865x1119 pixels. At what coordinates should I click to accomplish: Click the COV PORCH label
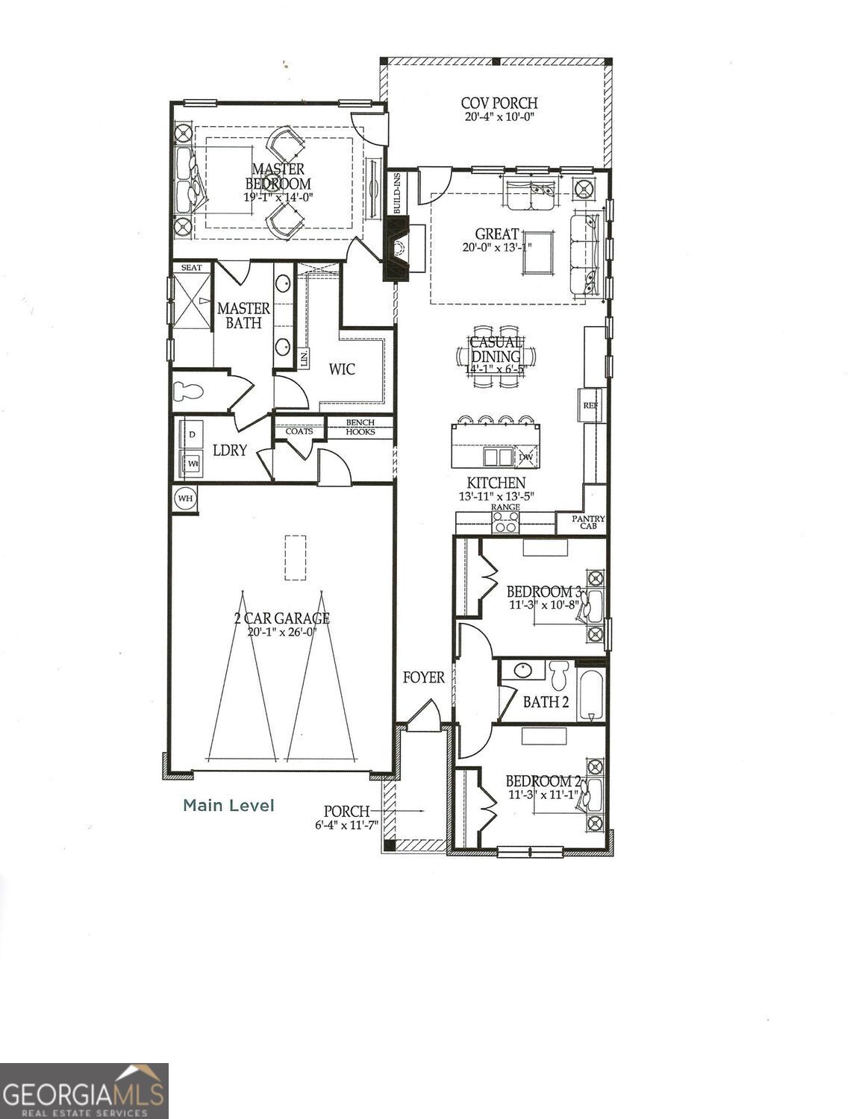point(499,103)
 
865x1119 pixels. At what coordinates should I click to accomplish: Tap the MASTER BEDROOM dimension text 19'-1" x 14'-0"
point(277,198)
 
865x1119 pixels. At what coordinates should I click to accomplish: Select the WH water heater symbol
point(184,498)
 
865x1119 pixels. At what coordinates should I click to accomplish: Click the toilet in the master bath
point(188,391)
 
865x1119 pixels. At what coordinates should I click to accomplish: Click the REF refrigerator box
point(590,405)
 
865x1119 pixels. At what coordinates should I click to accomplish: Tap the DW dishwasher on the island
point(526,456)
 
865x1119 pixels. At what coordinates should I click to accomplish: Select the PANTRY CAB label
point(589,522)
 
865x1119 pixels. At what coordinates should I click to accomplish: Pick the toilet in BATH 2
point(559,674)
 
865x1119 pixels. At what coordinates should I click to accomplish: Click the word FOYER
point(423,677)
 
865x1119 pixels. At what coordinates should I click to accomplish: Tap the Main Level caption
point(228,806)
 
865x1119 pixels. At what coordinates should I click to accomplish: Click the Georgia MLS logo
point(84,1091)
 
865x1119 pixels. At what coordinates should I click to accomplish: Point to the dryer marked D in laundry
point(191,434)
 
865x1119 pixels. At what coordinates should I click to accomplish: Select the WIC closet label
point(342,369)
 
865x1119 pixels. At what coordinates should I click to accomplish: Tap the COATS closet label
point(299,431)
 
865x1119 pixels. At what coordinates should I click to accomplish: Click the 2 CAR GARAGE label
point(280,618)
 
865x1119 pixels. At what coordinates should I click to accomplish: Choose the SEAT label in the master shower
point(191,267)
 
